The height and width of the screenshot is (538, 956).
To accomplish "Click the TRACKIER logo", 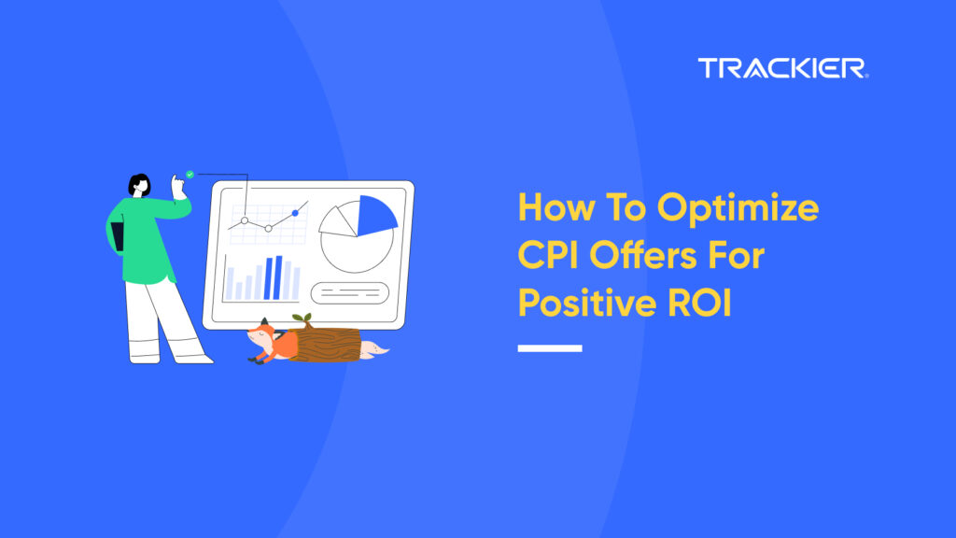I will tap(782, 68).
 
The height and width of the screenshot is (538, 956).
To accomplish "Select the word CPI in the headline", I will tap(552, 255).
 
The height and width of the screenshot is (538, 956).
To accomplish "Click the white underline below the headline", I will tap(550, 348).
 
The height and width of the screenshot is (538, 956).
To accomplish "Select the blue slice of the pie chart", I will tap(376, 215).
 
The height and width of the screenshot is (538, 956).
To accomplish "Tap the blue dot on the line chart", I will tap(295, 213).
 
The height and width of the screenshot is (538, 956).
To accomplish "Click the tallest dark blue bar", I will tap(278, 277).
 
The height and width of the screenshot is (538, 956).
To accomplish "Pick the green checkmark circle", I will tap(190, 175).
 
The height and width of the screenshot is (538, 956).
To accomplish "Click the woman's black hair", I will tap(139, 182).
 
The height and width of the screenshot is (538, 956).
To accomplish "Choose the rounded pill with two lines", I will tap(349, 292).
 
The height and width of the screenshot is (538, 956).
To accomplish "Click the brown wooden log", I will tap(327, 345).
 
